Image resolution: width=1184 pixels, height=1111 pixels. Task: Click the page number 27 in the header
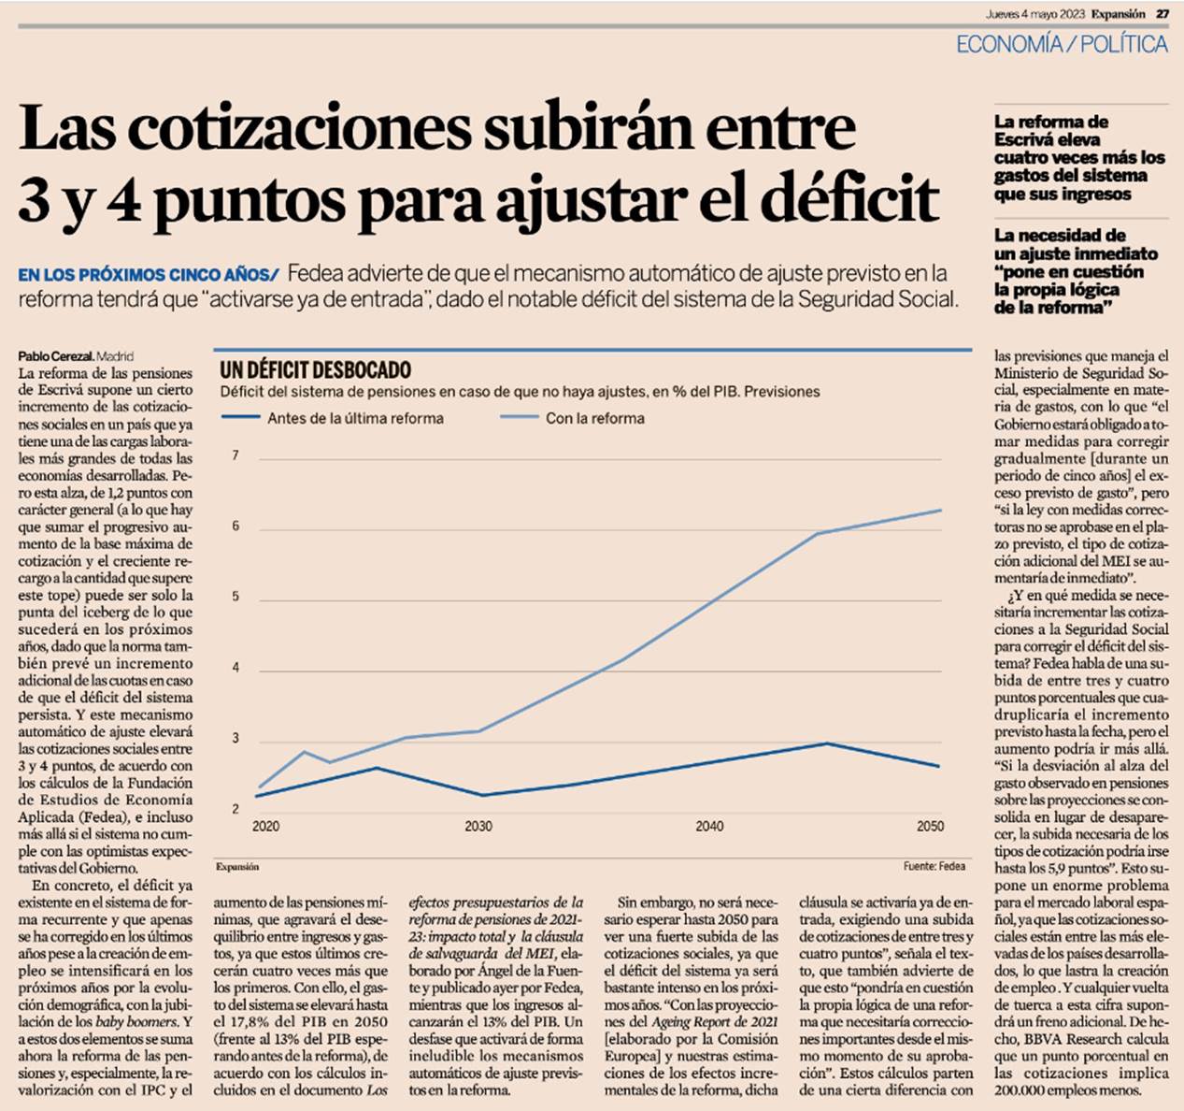coord(1162,14)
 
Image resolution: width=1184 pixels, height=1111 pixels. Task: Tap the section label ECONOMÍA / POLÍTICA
coord(1062,44)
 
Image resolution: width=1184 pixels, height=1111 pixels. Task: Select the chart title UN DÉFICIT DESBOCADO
coord(315,369)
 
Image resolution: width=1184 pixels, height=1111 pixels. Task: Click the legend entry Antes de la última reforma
coord(355,418)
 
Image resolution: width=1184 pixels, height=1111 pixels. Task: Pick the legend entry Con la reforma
coord(594,418)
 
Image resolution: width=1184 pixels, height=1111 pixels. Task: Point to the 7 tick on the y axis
coord(235,456)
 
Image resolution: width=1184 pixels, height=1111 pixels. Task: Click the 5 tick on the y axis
coord(235,598)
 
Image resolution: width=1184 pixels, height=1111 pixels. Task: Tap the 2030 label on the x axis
coord(478,827)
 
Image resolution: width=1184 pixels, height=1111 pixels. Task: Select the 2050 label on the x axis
coord(930,827)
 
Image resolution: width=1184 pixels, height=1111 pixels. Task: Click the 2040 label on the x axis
coord(709,827)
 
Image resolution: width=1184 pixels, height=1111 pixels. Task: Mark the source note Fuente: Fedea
coord(934,867)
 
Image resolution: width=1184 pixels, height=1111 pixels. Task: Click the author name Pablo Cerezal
coord(55,356)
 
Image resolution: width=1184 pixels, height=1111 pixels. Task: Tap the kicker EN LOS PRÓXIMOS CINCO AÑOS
coord(148,275)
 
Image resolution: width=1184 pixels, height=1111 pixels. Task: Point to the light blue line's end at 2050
coord(939,511)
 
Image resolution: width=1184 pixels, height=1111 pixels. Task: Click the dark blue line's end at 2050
coord(939,766)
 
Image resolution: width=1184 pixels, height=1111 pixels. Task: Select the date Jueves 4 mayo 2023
coord(1034,14)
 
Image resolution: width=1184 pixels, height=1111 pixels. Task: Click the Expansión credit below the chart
coord(237,867)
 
